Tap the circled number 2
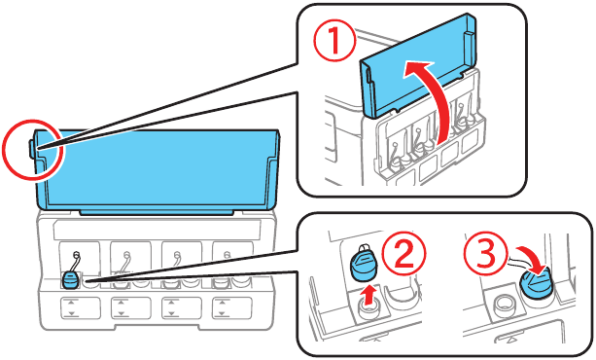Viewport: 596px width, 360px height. click(x=404, y=253)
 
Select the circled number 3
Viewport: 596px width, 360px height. click(x=486, y=253)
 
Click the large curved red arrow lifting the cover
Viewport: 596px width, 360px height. click(x=434, y=99)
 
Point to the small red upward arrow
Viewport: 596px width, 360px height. click(x=368, y=295)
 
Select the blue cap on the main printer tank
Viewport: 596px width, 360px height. click(x=70, y=279)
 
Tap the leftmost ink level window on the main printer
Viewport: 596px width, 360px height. click(x=80, y=308)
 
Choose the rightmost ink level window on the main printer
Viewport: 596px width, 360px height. click(x=231, y=308)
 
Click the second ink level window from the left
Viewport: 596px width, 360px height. click(x=130, y=308)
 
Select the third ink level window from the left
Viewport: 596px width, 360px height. click(x=181, y=308)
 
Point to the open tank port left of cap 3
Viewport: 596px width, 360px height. click(x=503, y=305)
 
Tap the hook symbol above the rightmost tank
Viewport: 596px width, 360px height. click(x=228, y=255)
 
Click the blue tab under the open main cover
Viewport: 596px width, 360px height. click(x=157, y=211)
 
